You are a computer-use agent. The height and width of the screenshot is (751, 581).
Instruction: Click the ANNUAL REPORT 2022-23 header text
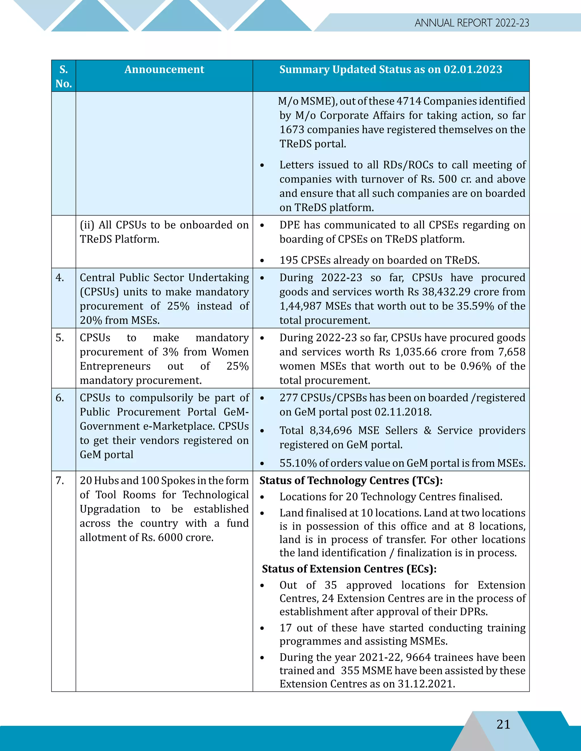pyautogui.click(x=471, y=23)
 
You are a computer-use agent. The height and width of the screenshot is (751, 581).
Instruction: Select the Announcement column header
pyautogui.click(x=164, y=69)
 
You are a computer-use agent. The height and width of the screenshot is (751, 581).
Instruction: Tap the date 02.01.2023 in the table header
pyautogui.click(x=473, y=69)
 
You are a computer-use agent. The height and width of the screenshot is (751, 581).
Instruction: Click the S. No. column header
pyautogui.click(x=64, y=76)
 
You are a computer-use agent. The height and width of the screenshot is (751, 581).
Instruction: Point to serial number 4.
pyautogui.click(x=60, y=277)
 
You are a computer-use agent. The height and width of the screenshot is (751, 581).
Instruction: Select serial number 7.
pyautogui.click(x=60, y=480)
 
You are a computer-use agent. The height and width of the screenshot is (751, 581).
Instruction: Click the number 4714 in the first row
pyautogui.click(x=409, y=101)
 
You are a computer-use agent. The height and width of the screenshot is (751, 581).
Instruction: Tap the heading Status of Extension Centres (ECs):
pyautogui.click(x=349, y=569)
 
